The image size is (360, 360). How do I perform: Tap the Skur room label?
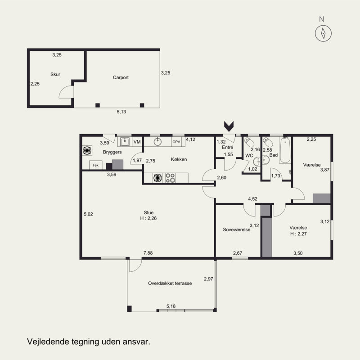55,74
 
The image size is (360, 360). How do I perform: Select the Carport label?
121,77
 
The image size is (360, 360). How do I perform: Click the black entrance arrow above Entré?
229,125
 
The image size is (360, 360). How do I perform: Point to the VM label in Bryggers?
137,142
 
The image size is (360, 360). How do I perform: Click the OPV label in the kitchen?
176,142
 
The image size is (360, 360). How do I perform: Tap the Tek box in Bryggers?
95,165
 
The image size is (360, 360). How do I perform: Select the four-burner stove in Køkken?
171,178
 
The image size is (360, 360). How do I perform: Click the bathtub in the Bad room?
285,150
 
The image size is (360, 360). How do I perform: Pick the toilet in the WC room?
249,142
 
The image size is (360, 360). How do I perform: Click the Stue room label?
148,212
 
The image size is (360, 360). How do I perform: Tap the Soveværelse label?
237,229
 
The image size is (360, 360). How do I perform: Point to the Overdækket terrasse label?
170,283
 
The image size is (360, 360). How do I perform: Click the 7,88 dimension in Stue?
148,253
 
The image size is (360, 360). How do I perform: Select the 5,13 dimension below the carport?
121,112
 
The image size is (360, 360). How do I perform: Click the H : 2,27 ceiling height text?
298,234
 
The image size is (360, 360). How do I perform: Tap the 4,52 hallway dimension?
252,199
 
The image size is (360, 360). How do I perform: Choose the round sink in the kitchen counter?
157,142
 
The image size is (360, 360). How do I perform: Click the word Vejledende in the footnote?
48,342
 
